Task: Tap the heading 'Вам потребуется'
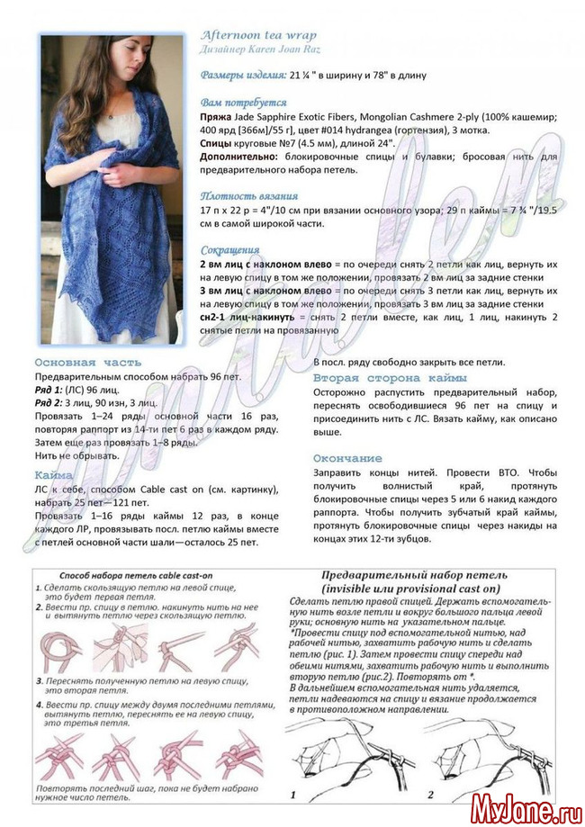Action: coord(243,103)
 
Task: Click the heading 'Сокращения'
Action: coord(229,250)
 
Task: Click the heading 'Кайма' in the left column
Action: coord(54,474)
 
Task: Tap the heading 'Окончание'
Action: coord(347,458)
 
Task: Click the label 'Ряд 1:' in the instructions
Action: coord(50,390)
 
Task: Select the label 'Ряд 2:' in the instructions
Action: coord(50,403)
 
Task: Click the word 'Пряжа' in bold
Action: coord(216,118)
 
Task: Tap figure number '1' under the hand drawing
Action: coord(292,795)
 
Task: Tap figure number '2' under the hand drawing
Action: coord(430,795)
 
